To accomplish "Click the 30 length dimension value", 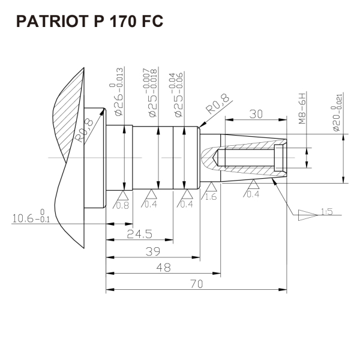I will point(257,114).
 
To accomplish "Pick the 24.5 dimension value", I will point(139,233).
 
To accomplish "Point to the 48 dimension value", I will point(162,267).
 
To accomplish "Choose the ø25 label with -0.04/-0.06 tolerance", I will point(178,96).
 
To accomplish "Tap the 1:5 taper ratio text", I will point(327,211).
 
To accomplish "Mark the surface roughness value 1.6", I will point(211,197).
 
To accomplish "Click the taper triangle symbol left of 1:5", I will point(307,214).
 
